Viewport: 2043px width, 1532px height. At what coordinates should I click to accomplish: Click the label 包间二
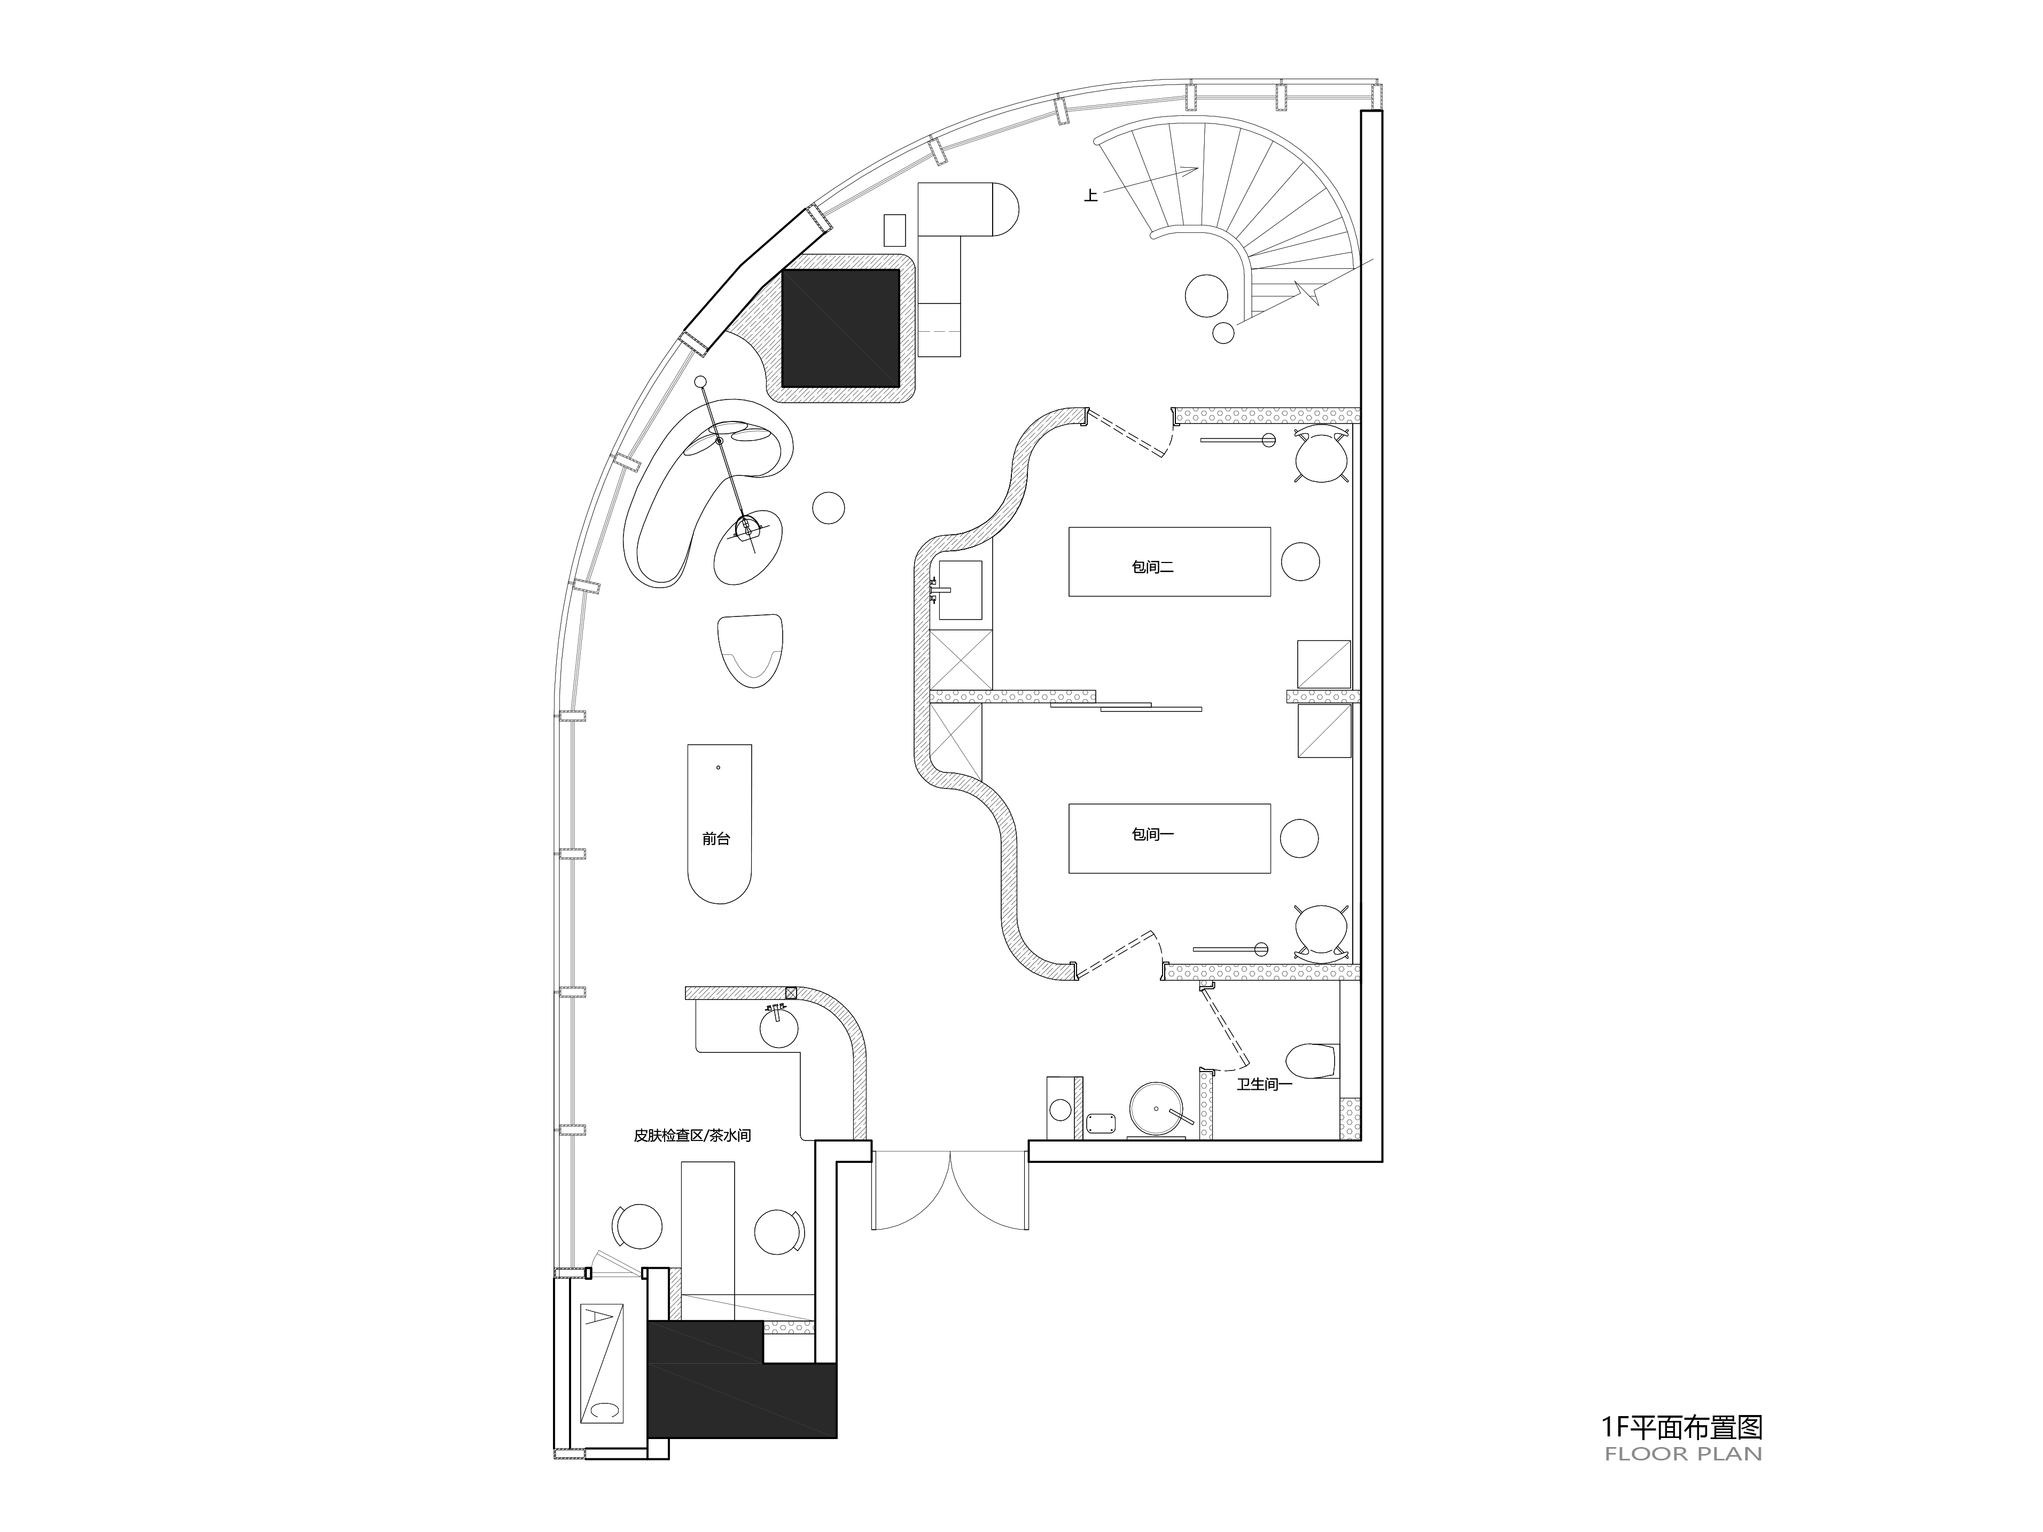tap(1152, 567)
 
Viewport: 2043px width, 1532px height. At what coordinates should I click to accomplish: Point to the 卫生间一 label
tap(1265, 1085)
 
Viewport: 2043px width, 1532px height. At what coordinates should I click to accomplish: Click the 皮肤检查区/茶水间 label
tap(692, 1136)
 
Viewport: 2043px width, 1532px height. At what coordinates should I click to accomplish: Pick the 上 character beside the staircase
tap(1091, 196)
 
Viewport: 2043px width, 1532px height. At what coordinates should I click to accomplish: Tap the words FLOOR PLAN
tap(1683, 1455)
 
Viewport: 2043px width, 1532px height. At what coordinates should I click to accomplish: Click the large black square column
tap(840, 328)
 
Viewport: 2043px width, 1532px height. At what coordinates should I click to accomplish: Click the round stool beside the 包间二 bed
tap(1300, 561)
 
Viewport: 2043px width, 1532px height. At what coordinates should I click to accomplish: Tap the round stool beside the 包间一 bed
tap(1299, 838)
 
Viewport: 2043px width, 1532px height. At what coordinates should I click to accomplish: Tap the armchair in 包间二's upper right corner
tap(1321, 456)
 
